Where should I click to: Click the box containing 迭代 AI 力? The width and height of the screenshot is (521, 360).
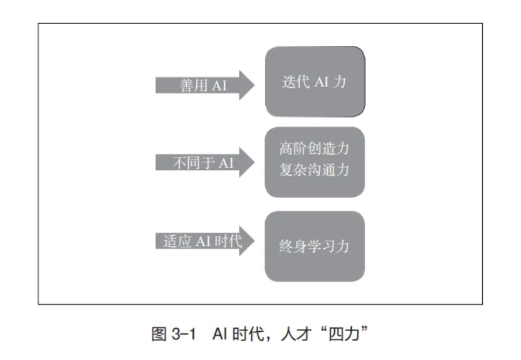(x=314, y=82)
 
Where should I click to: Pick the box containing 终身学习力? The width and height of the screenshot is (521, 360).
(x=314, y=246)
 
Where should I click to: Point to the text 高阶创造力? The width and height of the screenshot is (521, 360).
(x=314, y=150)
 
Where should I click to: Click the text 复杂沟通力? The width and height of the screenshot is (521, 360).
(x=314, y=171)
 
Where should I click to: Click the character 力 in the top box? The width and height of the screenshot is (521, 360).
(x=340, y=82)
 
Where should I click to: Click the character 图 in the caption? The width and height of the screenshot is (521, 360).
(x=159, y=333)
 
